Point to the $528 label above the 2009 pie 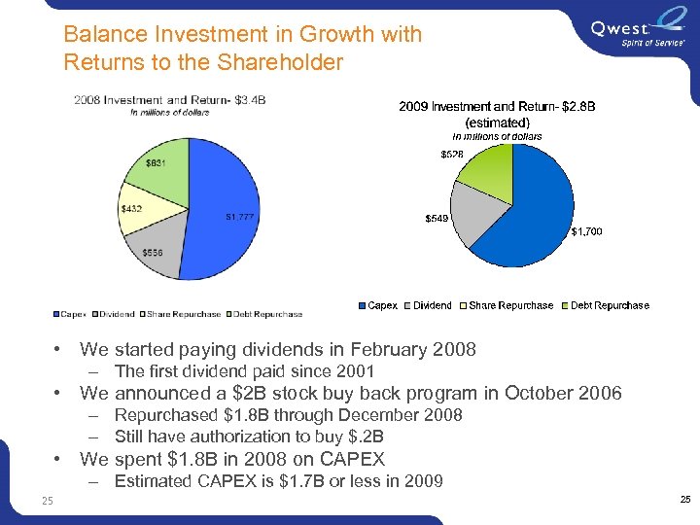[452, 155]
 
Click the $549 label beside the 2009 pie [437, 219]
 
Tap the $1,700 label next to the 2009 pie [587, 231]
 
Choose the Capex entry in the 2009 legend [382, 305]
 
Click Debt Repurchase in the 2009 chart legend [610, 305]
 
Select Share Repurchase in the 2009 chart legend [510, 305]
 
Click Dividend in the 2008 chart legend [117, 314]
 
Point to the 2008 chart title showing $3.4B [170, 100]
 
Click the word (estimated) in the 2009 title [498, 122]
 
